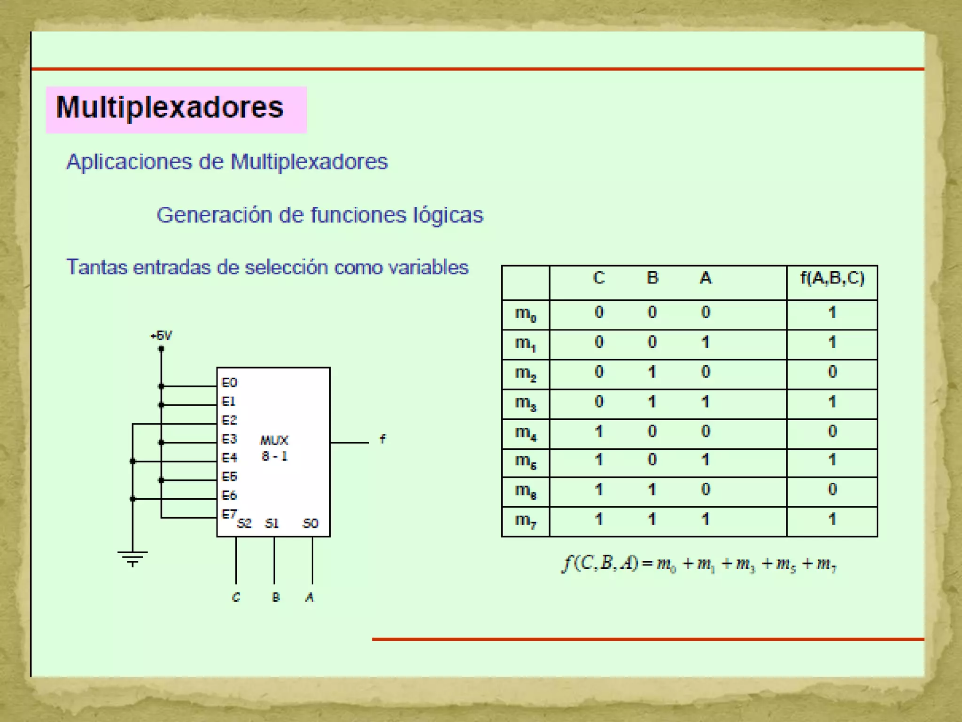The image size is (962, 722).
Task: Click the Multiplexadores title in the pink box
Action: (x=170, y=108)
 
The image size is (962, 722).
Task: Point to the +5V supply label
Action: (x=161, y=336)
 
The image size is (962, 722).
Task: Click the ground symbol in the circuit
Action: (x=132, y=558)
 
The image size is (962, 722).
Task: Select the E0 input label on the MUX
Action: (x=229, y=383)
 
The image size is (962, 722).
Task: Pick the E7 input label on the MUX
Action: (x=229, y=514)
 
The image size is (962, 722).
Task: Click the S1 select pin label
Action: (x=272, y=524)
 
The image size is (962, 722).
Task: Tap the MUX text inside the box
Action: (x=274, y=440)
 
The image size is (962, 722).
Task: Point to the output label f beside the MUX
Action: (x=382, y=439)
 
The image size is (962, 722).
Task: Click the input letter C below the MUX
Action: (x=236, y=597)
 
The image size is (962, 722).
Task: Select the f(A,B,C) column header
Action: (x=832, y=278)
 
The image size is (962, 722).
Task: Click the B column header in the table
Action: (x=652, y=278)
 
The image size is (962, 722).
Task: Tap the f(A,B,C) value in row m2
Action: (x=832, y=372)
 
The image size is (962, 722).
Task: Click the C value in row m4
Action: (x=598, y=432)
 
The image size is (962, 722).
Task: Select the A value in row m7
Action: (x=705, y=519)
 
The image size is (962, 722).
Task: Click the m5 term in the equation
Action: (x=786, y=564)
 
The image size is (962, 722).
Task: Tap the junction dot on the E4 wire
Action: (x=133, y=461)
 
